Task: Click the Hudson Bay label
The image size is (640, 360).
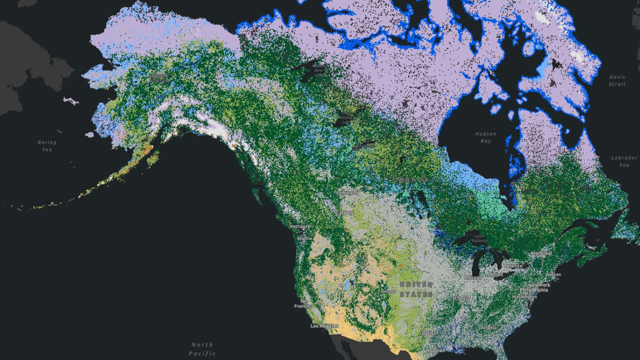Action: coord(485,137)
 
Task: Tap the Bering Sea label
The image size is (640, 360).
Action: coord(47,146)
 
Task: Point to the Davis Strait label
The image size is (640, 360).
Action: coord(617,80)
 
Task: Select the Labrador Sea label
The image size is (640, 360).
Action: coord(624,161)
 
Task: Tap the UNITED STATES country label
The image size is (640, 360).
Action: coord(416,289)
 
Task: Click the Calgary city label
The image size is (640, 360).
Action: coord(345,213)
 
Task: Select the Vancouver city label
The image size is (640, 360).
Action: coord(300,226)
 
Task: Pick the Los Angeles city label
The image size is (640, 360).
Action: coord(325,326)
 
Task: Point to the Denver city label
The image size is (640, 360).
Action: coord(389,291)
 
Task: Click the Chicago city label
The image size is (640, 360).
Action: coord(473,277)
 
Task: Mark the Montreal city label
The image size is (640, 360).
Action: coord(541,253)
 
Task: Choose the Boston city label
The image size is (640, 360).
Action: coord(554,275)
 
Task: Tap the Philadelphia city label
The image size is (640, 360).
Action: coord(534,290)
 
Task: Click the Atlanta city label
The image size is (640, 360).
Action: coord(489,327)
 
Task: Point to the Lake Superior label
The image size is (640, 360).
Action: coord(480,238)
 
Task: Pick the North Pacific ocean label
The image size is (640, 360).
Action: coord(202,349)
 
